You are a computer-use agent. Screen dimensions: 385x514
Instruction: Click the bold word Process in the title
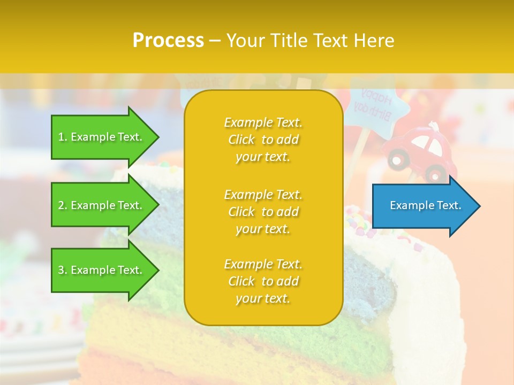(168, 41)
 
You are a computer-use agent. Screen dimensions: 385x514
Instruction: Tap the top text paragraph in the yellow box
(263, 140)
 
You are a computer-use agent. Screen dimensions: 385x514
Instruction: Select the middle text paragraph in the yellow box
(263, 212)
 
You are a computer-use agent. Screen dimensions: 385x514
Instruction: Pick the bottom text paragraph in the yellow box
(263, 281)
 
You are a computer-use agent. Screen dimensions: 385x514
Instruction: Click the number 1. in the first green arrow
(62, 137)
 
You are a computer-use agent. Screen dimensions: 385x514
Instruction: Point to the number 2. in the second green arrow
(62, 205)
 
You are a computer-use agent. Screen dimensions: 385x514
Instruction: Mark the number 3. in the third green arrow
(62, 270)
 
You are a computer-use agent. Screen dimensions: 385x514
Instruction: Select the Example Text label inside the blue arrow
(425, 205)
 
